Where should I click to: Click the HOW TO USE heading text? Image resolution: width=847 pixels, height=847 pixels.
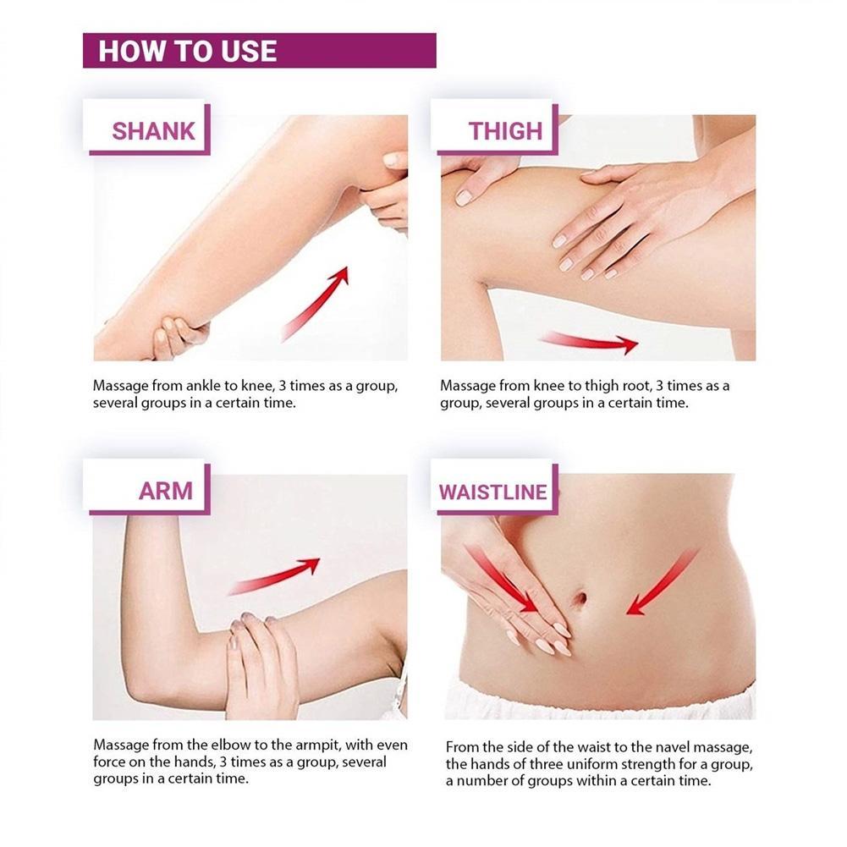(188, 52)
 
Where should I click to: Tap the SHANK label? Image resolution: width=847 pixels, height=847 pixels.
(153, 131)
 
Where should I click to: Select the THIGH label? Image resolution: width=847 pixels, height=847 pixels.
(505, 131)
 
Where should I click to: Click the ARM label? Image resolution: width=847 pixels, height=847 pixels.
(166, 491)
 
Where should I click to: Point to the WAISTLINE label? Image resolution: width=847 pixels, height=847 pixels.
(493, 492)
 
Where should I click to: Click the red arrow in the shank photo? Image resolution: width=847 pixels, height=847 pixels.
(315, 304)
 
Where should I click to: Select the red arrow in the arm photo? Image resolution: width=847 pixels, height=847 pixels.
(274, 576)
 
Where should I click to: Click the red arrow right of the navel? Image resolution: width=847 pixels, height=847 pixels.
(663, 582)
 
